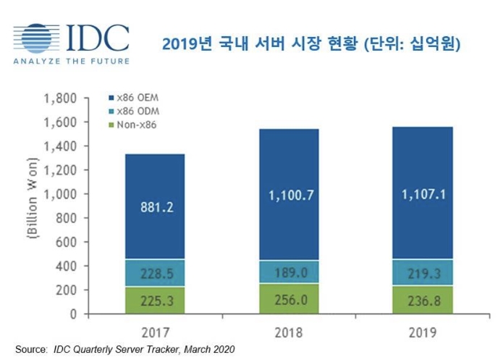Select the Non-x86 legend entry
tap(131, 125)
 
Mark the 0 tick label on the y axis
tap(74, 314)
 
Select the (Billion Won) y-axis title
tap(32, 206)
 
